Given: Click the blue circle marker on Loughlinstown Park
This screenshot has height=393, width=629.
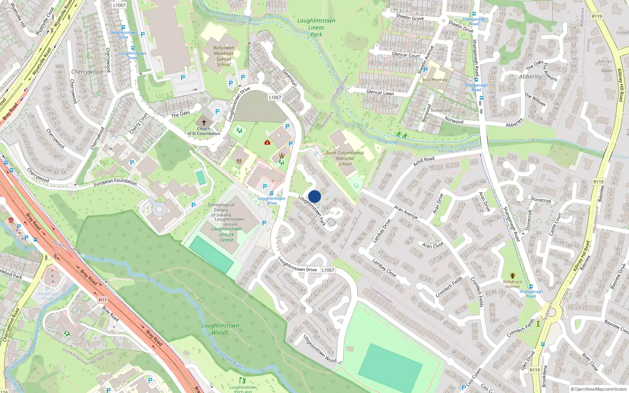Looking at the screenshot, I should [x=314, y=196].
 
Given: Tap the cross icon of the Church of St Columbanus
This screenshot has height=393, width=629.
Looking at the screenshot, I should [x=204, y=123].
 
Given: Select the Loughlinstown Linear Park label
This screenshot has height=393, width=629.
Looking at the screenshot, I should [x=316, y=28].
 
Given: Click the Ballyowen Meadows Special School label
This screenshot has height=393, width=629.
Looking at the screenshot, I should [x=224, y=56].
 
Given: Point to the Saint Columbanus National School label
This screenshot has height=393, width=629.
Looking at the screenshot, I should [x=345, y=158].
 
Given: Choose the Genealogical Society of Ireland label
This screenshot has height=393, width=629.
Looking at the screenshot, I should [x=221, y=210].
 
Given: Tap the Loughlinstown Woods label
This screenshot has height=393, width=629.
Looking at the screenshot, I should [x=220, y=329].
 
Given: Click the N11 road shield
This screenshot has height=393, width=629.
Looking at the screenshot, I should [x=102, y=299].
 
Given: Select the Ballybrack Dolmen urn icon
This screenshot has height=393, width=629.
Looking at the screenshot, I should [x=513, y=276].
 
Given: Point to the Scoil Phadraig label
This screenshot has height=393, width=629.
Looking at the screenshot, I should [x=435, y=80].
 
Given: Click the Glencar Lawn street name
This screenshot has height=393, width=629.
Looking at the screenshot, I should [x=380, y=92].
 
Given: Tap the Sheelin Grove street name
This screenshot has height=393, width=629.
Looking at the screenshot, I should [x=410, y=17].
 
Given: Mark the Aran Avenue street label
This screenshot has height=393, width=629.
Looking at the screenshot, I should [x=406, y=212].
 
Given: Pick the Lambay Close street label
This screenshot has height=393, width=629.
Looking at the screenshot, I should [x=384, y=267].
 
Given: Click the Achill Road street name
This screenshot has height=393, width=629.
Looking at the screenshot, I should [x=424, y=161].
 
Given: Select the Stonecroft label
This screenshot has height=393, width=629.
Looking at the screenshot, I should [x=541, y=200].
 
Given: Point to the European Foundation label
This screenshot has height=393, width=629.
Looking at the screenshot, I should [x=115, y=182].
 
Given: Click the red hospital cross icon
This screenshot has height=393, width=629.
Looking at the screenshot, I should [x=267, y=142].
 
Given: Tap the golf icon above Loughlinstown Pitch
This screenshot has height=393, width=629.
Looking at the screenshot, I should [x=243, y=380].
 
